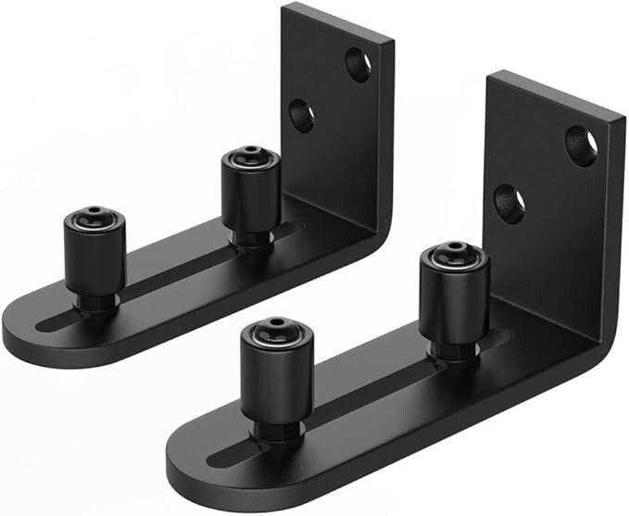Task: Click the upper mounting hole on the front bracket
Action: coord(582,146)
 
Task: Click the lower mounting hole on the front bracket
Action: coord(509,203)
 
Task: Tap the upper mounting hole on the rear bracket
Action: coord(359,64)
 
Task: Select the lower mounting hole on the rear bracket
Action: coord(302,115)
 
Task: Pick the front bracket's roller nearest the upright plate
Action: coord(453,295)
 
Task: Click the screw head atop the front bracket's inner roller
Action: coord(454,253)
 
